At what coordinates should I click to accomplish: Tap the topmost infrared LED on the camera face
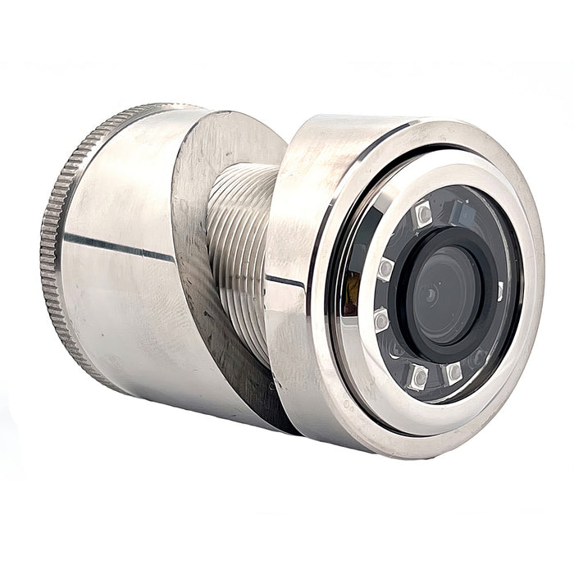pyautogui.click(x=423, y=215)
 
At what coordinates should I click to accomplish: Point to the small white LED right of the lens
pyautogui.click(x=499, y=291)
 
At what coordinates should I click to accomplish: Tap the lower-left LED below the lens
pyautogui.click(x=418, y=376)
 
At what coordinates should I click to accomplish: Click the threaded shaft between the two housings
pyautogui.click(x=238, y=246)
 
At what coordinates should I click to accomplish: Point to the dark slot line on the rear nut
pyautogui.click(x=115, y=244)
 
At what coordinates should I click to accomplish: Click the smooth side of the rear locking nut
pyautogui.click(x=123, y=312)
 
